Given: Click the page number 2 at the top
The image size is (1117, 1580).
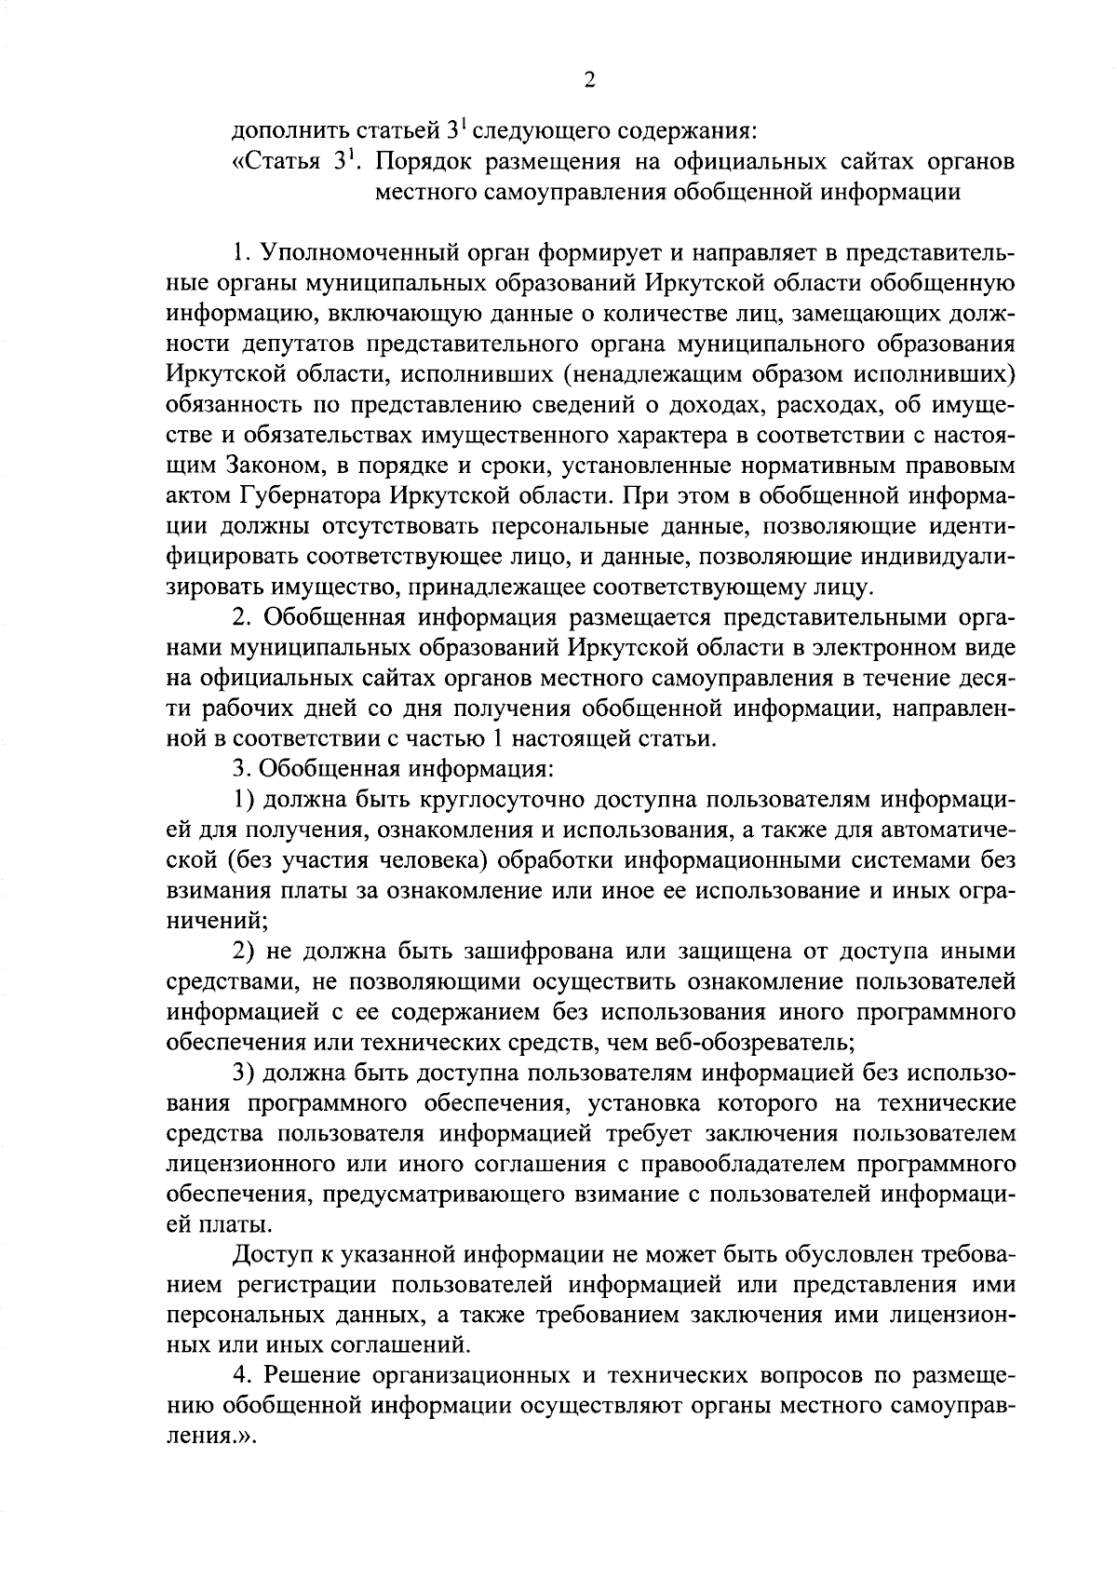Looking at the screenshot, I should (587, 80).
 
